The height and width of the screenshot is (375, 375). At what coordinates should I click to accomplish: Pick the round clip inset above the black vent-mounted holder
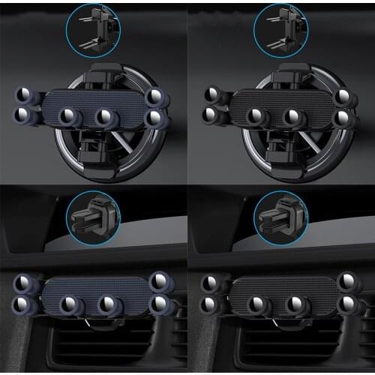[280, 217]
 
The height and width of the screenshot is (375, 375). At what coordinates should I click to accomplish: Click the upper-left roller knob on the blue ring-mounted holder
[27, 95]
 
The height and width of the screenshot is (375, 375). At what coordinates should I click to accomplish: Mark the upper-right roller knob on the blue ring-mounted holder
[156, 96]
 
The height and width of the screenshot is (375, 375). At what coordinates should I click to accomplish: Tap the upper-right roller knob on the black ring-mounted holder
[344, 96]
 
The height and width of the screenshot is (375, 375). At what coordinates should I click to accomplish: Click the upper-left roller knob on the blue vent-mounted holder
[27, 283]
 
